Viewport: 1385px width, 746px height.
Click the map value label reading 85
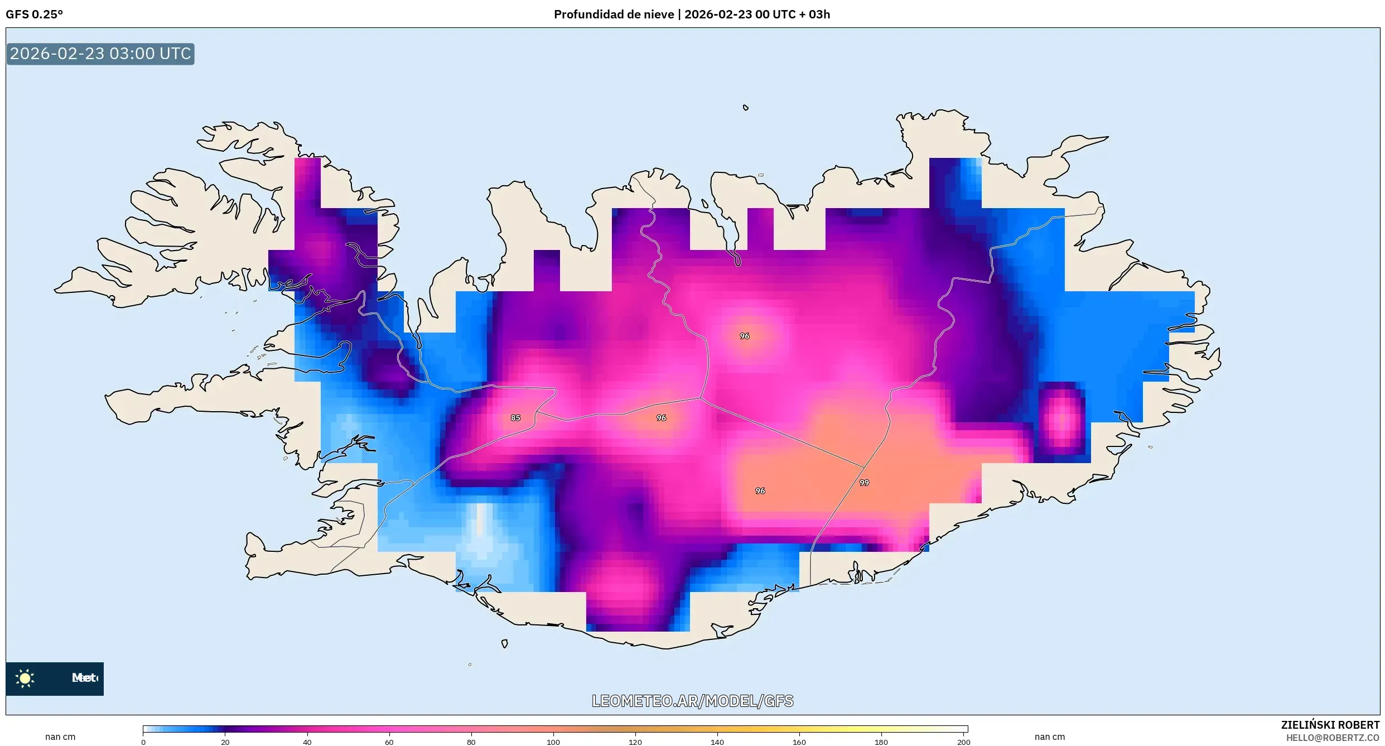515,418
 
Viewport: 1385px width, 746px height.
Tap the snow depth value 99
864,483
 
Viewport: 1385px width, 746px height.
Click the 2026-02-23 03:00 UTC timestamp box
100,54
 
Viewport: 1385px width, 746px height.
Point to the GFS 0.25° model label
35,15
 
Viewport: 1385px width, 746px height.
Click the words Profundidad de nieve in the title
614,15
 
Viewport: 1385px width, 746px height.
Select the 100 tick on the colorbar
553,742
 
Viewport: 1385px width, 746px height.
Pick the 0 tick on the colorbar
143,742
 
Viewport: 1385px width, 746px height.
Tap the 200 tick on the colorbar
963,742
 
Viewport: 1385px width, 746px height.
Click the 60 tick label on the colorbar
389,742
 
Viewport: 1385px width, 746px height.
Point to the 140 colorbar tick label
717,742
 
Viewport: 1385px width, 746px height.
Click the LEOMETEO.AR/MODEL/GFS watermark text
692,701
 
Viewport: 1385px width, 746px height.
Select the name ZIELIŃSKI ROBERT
1330,725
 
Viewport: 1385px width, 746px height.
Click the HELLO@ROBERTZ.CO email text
1333,738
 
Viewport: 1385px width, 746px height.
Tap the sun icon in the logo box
25,678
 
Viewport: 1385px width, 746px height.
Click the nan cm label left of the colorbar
60,737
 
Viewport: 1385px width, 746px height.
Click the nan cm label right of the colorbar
1049,737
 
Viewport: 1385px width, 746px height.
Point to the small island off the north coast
745,108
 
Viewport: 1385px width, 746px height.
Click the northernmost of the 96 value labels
745,336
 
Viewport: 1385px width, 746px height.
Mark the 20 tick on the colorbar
225,742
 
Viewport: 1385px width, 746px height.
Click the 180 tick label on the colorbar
881,742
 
